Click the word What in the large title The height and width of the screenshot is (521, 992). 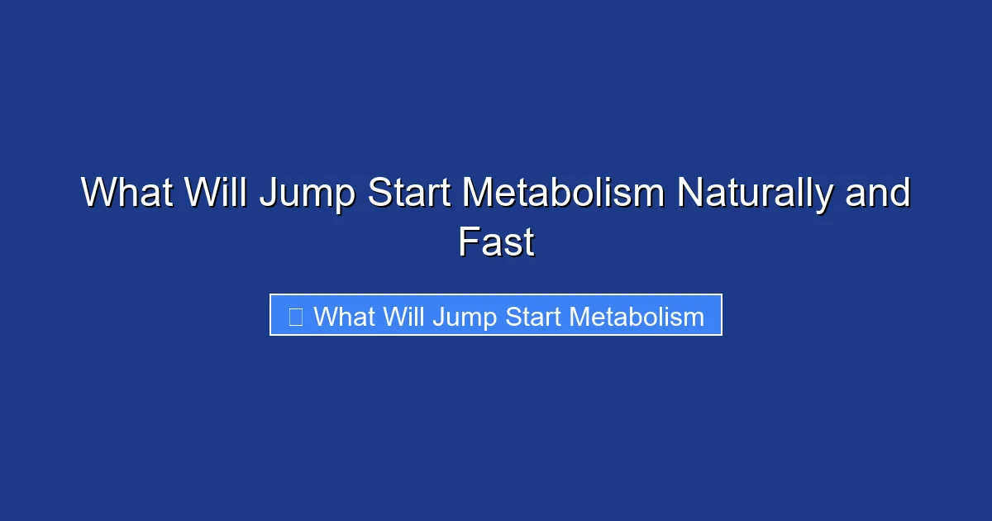(127, 194)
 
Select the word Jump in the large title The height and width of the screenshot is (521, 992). (308, 195)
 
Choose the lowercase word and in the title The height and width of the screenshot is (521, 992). (878, 194)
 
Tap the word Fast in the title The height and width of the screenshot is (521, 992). (496, 243)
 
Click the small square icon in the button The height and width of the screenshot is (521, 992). (295, 316)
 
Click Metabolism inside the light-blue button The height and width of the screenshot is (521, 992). (637, 317)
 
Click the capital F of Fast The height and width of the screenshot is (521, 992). (467, 243)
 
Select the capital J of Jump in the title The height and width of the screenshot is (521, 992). (268, 194)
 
